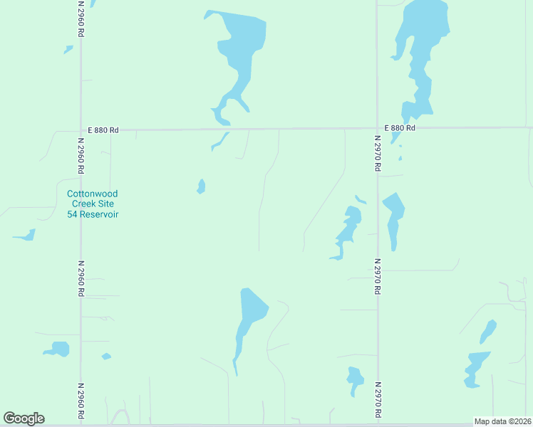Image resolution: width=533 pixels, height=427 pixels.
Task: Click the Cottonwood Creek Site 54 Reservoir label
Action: [92, 204]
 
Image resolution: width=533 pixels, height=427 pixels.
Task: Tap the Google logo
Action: [24, 418]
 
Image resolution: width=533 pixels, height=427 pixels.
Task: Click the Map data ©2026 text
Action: [502, 421]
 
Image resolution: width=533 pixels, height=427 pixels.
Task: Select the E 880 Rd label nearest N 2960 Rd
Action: [103, 130]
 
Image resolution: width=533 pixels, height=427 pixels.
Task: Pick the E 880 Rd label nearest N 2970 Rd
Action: [399, 128]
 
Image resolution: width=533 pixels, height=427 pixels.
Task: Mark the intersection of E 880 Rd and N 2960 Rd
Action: [81, 130]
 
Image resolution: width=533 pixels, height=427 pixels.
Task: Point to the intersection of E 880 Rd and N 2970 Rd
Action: [377, 129]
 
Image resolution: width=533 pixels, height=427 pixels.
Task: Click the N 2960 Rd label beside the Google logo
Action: [81, 401]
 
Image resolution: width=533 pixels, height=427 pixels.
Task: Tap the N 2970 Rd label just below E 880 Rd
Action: [378, 154]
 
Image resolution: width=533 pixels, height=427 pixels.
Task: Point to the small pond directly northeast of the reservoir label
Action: [202, 186]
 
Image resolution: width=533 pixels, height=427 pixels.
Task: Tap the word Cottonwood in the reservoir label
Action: [92, 194]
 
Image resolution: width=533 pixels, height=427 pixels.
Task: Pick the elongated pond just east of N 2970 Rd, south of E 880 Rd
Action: [393, 217]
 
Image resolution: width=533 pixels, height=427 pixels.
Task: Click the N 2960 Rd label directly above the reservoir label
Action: [81, 156]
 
